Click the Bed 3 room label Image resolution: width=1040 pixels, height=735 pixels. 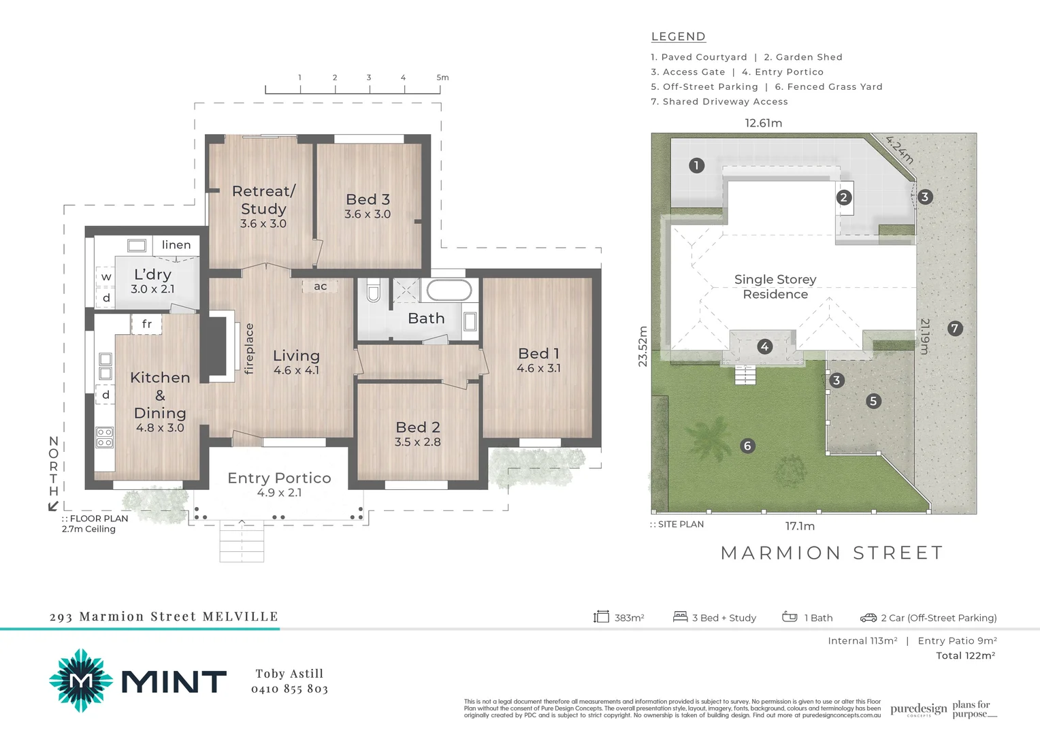(x=368, y=199)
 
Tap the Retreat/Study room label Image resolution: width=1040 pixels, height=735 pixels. (x=263, y=200)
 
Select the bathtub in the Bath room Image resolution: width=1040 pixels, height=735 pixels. (x=449, y=290)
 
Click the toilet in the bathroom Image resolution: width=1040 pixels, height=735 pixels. (x=373, y=291)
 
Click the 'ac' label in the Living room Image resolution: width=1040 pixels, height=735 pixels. (x=320, y=287)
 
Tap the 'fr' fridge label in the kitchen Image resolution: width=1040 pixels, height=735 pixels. (x=146, y=324)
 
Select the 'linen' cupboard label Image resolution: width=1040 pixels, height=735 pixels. (x=176, y=245)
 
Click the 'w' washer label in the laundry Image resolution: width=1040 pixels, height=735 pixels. (x=106, y=277)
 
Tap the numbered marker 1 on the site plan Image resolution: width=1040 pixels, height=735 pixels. (x=696, y=165)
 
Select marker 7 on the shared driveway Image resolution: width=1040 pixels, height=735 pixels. (x=954, y=329)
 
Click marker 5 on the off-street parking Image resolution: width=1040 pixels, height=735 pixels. (x=873, y=401)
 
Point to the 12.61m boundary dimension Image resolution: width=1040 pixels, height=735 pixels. (x=763, y=123)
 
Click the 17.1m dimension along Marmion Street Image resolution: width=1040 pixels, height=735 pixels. (x=800, y=526)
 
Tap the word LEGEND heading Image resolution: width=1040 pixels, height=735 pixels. (x=678, y=37)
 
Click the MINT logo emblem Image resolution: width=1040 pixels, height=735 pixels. (x=81, y=681)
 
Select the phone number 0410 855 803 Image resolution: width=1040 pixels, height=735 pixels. (x=289, y=689)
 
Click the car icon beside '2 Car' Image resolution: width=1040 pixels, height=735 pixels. (x=868, y=618)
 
